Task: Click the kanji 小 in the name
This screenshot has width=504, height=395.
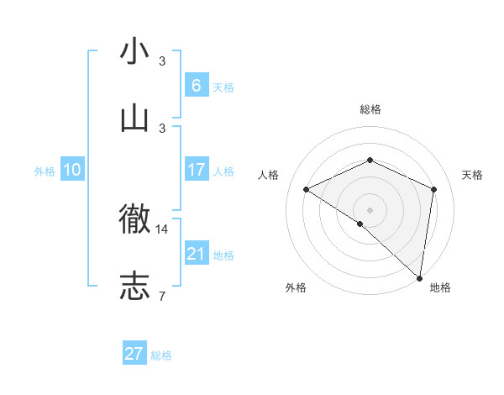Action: (x=134, y=51)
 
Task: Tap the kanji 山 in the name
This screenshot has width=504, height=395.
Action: (x=134, y=117)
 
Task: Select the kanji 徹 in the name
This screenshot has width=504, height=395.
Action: (x=134, y=220)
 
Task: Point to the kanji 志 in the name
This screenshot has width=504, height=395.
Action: (x=134, y=285)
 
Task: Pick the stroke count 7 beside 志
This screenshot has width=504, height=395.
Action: (x=161, y=295)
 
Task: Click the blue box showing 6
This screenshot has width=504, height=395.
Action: (x=197, y=85)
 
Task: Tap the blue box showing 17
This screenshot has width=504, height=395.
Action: (x=197, y=170)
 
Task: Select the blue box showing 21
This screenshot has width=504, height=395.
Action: (x=197, y=254)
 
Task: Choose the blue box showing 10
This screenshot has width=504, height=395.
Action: (x=72, y=170)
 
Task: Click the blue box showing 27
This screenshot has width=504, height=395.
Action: (x=134, y=354)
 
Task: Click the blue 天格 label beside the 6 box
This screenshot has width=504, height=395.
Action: (x=223, y=87)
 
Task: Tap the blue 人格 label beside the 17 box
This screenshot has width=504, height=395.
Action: (x=223, y=171)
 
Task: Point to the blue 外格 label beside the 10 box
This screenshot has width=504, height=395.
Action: (x=45, y=171)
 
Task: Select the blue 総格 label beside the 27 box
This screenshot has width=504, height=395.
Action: (x=161, y=355)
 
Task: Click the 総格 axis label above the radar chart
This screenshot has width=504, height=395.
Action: (x=370, y=109)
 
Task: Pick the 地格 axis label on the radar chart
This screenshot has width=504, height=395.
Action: (x=440, y=287)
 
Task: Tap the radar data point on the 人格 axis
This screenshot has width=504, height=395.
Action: (x=307, y=189)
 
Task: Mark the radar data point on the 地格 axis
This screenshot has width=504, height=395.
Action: (x=420, y=278)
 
